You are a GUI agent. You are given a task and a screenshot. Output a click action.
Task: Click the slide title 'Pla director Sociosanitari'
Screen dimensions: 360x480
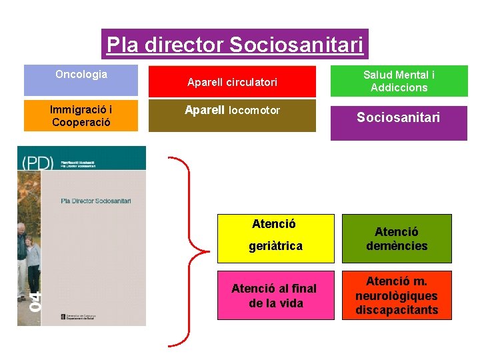tap(235, 45)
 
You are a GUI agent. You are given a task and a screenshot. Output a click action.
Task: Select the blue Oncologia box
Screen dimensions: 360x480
tap(81, 80)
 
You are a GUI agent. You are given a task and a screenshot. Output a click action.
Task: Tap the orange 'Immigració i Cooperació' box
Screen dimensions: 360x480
tap(81, 116)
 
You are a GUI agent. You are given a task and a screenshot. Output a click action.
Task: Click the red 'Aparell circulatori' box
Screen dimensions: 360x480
tap(232, 82)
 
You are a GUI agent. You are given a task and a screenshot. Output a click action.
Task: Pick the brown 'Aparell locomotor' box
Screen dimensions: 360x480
tap(232, 115)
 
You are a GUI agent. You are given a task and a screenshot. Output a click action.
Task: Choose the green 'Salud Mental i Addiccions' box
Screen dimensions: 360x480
tap(399, 81)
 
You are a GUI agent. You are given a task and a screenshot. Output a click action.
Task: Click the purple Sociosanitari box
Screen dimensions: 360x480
tap(399, 118)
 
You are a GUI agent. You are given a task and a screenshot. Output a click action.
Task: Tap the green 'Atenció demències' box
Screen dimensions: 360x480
tap(397, 239)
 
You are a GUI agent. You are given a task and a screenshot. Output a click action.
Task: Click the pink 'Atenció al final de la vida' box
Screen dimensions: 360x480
tap(275, 295)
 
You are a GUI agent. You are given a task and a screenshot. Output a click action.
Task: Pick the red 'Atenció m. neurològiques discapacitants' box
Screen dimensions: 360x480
tap(397, 295)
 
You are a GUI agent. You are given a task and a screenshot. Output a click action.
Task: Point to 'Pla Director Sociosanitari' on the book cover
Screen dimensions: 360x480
tap(95, 200)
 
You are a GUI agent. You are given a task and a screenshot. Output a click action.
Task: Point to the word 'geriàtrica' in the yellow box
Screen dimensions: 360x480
tap(275, 246)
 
